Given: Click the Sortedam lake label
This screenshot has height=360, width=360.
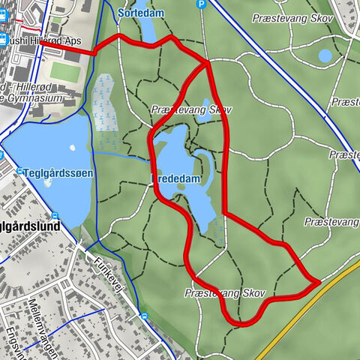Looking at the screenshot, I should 141,13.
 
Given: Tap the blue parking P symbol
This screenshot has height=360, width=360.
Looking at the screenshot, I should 201,4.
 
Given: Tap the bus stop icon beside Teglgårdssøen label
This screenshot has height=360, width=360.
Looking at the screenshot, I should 19,172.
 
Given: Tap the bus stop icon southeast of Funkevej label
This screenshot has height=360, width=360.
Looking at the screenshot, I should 143,316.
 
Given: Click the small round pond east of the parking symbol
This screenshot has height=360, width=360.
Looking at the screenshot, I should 325,55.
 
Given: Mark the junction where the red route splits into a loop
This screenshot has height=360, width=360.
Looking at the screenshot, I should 207,64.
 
